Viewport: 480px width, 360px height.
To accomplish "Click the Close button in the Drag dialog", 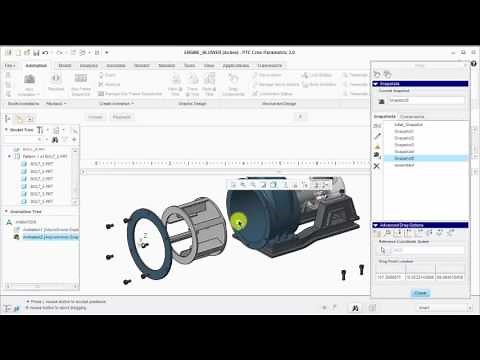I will (420, 292).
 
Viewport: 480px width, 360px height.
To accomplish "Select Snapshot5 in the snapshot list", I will (404, 158).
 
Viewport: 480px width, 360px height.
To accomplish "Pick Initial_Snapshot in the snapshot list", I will (408, 124).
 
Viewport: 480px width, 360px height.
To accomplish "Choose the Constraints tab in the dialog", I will (412, 116).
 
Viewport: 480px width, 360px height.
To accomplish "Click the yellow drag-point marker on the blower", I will (238, 221).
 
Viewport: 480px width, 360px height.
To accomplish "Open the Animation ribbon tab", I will (37, 64).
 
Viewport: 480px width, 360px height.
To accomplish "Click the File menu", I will (9, 64).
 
